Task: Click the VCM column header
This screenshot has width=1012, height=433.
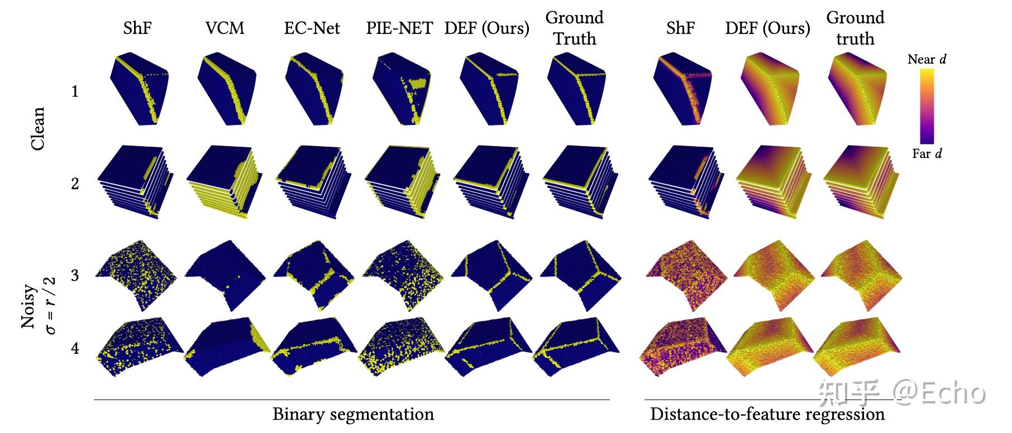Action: pyautogui.click(x=225, y=28)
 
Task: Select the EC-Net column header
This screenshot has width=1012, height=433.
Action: pyautogui.click(x=312, y=28)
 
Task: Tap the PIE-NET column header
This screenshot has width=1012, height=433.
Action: pyautogui.click(x=399, y=28)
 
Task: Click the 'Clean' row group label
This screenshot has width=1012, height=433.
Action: pyautogui.click(x=37, y=128)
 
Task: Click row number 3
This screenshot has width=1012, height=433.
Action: pyautogui.click(x=75, y=276)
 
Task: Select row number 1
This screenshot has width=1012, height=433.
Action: pyautogui.click(x=75, y=92)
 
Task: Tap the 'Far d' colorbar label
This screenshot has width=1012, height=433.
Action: pyautogui.click(x=927, y=153)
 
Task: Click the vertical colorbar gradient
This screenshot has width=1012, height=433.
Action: pyautogui.click(x=927, y=106)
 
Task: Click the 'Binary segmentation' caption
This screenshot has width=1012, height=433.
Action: pyautogui.click(x=353, y=415)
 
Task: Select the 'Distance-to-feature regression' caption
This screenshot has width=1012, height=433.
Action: pyautogui.click(x=767, y=415)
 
